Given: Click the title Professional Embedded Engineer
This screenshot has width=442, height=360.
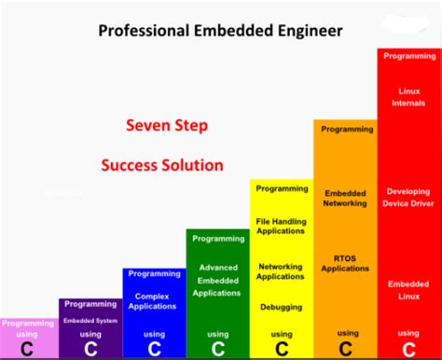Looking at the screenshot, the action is point(220,31).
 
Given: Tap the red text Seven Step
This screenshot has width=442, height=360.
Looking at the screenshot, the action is point(167,125).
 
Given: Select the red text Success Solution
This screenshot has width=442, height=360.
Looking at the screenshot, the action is point(162,165).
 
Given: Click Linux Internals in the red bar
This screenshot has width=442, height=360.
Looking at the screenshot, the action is point(408,96).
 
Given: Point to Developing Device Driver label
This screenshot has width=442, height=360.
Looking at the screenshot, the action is point(408,197).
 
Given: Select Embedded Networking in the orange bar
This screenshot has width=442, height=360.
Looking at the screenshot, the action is point(345,198).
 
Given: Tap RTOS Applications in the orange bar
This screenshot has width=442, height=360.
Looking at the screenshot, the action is point(345,262).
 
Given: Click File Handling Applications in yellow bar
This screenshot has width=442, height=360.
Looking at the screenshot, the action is point(281,227).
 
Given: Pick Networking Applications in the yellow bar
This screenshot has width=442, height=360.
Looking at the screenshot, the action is point(281,270).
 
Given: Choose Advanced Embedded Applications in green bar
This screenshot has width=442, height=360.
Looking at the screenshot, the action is point(217,280).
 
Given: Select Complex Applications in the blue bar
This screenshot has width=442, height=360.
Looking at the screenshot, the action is point(154,299).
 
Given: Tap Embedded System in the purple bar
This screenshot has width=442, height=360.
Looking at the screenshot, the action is point(90,320).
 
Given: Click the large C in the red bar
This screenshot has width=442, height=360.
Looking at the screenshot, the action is point(408,349).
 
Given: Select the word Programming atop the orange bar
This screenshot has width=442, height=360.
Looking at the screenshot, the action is point(345,130).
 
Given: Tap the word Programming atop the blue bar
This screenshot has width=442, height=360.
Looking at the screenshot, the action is point(154,273).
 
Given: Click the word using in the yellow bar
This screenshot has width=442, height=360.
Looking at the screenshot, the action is point(281,334).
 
